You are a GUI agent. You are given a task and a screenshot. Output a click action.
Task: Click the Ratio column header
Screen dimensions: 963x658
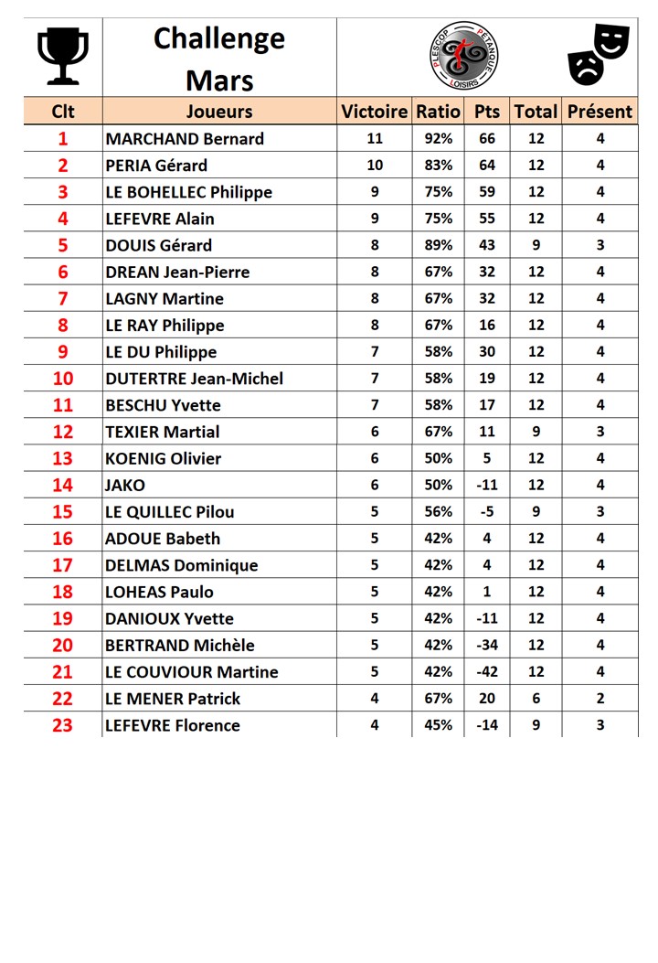click(x=438, y=112)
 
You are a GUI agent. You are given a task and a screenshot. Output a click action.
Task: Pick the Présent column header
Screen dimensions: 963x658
click(x=600, y=112)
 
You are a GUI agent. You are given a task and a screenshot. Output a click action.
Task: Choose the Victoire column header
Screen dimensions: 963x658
click(x=375, y=112)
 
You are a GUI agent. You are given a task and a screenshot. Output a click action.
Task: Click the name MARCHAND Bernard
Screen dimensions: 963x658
click(x=185, y=139)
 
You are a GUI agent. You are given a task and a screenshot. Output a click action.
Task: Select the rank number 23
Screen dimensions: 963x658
click(x=62, y=725)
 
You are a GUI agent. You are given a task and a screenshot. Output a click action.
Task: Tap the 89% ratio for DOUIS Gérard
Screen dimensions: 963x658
click(x=438, y=245)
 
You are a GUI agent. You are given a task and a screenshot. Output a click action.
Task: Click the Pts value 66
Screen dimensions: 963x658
click(x=487, y=139)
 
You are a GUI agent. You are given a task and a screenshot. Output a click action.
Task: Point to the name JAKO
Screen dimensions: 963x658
click(x=125, y=486)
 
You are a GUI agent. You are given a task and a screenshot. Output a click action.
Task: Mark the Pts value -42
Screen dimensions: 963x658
click(x=487, y=672)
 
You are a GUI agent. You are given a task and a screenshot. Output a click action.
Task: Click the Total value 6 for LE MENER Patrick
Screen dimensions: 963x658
click(x=536, y=699)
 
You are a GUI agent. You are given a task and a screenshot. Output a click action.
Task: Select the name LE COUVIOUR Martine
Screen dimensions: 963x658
click(x=192, y=672)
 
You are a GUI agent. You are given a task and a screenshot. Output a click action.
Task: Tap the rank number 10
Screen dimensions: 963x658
click(x=62, y=379)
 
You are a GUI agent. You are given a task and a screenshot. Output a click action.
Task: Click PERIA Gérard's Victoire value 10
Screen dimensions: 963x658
click(x=375, y=166)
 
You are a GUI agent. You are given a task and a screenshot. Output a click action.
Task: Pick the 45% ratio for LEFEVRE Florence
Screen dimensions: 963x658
click(x=438, y=725)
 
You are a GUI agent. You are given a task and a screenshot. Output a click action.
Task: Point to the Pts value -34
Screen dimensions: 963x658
click(x=487, y=646)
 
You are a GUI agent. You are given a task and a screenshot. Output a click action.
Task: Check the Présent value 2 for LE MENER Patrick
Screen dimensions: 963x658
click(x=600, y=699)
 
